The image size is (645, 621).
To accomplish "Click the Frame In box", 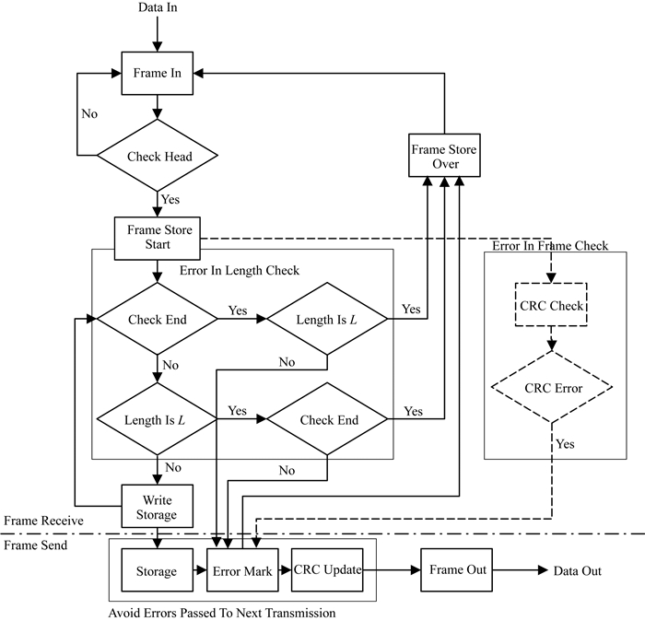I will click(158, 74).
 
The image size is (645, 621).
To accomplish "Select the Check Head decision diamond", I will click(158, 156).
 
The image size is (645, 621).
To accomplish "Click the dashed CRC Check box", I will click(550, 306).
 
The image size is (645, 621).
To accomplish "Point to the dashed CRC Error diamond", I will click(551, 388).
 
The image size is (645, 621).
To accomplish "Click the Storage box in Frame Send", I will click(157, 571).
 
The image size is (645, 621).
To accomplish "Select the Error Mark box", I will click(242, 571).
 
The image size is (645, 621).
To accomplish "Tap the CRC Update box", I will click(327, 571).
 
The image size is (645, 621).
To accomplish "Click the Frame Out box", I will click(458, 570).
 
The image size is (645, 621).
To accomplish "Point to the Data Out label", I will click(577, 571).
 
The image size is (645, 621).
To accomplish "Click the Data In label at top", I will click(158, 9).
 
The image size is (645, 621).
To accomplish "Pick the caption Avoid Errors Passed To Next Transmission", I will click(220, 612).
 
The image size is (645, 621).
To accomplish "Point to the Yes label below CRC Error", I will click(565, 444).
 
